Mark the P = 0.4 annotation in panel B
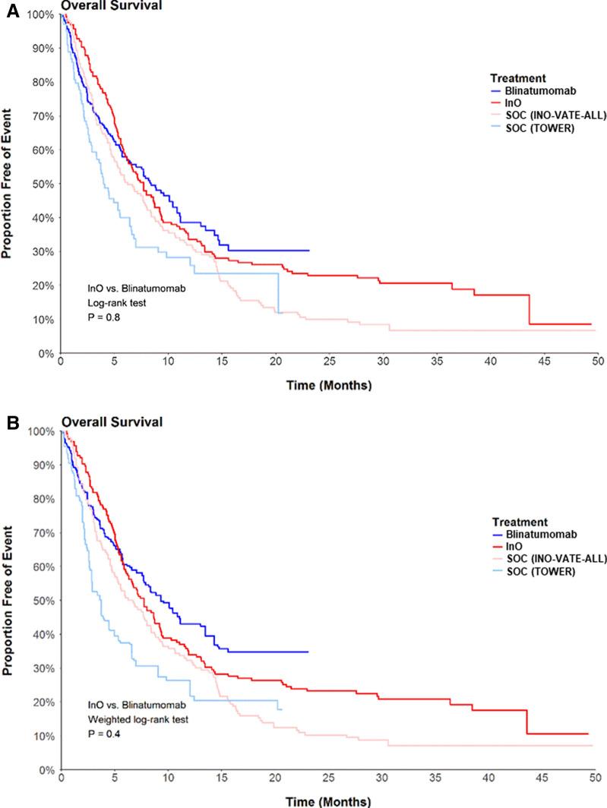click(x=105, y=735)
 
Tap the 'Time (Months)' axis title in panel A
click(x=329, y=386)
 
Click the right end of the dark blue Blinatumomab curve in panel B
click(x=308, y=652)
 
